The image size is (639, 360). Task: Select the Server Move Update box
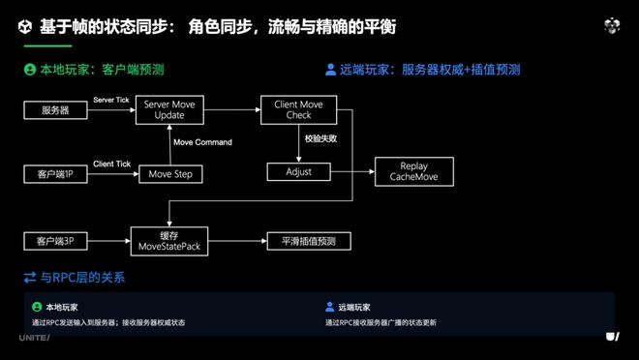pos(170,109)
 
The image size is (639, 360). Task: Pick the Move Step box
pos(170,174)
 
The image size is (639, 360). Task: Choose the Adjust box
pos(298,172)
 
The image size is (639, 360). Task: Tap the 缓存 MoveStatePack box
pos(170,238)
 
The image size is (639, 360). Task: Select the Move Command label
pos(202,142)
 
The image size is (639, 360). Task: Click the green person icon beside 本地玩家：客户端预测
pos(30,70)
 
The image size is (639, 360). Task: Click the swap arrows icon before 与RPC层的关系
pos(30,278)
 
